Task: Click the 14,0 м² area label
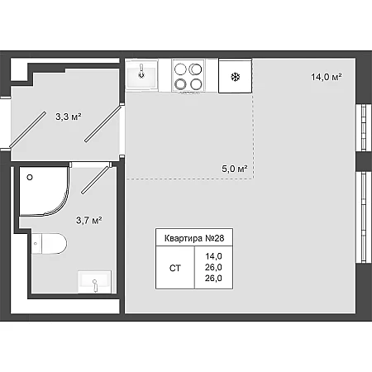tap(327, 77)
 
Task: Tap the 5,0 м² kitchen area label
tap(235, 169)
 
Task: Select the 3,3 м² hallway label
tap(69, 117)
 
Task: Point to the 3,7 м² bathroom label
tap(89, 220)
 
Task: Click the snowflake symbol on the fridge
tap(236, 77)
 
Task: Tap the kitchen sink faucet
tap(141, 71)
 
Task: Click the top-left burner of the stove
tap(180, 69)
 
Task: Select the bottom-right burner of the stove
tap(196, 84)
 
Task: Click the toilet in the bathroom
tap(50, 244)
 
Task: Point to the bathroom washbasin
tap(94, 282)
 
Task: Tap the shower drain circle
tap(30, 178)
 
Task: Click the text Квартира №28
tap(194, 238)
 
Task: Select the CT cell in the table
tap(175, 268)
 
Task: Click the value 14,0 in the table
tap(213, 256)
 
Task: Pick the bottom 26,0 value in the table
tap(213, 278)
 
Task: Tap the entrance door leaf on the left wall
tap(27, 129)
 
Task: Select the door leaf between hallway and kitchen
tap(103, 124)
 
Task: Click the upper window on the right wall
tap(364, 127)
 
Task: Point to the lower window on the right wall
tap(364, 217)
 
